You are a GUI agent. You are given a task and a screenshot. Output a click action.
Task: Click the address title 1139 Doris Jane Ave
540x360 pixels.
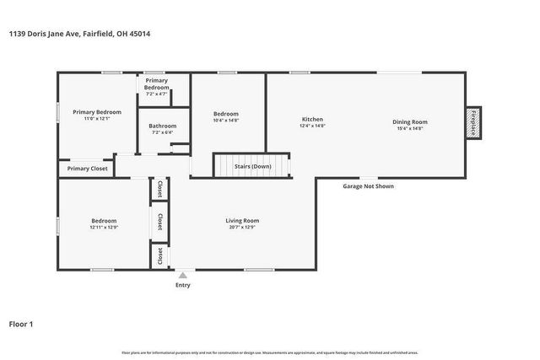(x=81, y=34)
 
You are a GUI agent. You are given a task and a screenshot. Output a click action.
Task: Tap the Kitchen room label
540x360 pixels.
(x=312, y=120)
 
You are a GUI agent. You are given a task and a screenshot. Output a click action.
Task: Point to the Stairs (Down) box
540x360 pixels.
(x=252, y=166)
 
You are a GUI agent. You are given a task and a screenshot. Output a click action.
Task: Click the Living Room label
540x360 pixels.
(x=241, y=221)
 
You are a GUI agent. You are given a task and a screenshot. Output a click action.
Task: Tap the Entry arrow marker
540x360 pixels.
(x=183, y=274)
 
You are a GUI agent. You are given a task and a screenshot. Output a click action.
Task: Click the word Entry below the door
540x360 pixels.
(x=183, y=285)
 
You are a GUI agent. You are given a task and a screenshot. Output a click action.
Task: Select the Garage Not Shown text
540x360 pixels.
(x=367, y=186)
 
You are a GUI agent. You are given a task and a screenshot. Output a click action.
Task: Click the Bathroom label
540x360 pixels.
(x=162, y=126)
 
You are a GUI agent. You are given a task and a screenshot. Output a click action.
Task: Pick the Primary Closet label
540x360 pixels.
(x=88, y=169)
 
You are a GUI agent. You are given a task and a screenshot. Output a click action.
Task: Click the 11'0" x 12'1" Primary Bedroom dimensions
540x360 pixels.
(x=96, y=119)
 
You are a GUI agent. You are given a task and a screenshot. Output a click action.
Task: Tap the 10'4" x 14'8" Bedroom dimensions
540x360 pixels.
(x=225, y=121)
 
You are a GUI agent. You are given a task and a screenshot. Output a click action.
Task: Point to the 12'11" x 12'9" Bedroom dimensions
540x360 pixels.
(x=103, y=228)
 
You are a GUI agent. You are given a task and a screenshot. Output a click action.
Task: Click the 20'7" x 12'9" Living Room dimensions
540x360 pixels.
(x=241, y=228)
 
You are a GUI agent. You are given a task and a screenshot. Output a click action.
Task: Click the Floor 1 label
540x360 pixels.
(x=20, y=323)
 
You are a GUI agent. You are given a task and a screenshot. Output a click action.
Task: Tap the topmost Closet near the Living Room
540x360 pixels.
(x=159, y=189)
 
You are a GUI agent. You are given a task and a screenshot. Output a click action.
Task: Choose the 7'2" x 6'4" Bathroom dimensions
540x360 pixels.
(x=162, y=132)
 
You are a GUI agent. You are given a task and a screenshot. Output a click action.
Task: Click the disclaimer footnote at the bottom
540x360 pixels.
(x=270, y=352)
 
